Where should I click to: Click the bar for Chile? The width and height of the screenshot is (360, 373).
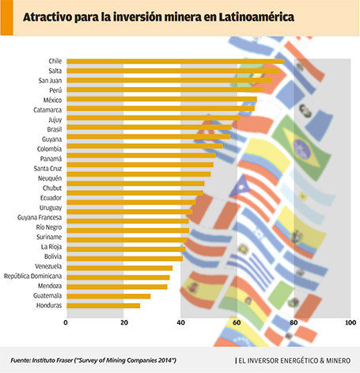(x=176, y=61)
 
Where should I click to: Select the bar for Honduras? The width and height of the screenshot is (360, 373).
(x=104, y=306)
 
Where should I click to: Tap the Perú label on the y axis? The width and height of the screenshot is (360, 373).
(x=55, y=90)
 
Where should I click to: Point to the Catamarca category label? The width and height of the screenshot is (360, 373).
(x=47, y=110)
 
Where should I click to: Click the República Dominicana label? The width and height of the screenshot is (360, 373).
(x=32, y=276)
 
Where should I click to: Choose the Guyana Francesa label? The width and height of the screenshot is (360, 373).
(x=40, y=218)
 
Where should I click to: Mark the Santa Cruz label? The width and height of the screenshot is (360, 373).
(x=47, y=169)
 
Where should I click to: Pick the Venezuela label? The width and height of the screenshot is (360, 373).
(x=48, y=266)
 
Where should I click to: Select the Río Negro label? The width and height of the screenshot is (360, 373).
(x=49, y=227)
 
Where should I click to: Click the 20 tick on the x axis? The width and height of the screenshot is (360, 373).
(x=124, y=322)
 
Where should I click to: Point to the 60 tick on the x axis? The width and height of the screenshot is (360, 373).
(x=237, y=322)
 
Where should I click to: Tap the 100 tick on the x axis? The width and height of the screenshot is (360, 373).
(x=351, y=322)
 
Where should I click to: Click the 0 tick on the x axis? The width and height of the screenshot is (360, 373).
(x=66, y=322)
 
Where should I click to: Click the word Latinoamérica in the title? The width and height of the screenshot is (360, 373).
(x=256, y=17)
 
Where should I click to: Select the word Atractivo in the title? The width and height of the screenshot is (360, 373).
(x=47, y=17)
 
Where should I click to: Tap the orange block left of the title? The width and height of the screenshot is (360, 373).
(x=6, y=17)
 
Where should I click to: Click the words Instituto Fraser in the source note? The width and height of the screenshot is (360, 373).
(x=52, y=360)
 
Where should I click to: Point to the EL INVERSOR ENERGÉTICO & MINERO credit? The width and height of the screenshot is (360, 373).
(x=294, y=360)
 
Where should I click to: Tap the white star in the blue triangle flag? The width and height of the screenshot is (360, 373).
(x=241, y=188)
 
